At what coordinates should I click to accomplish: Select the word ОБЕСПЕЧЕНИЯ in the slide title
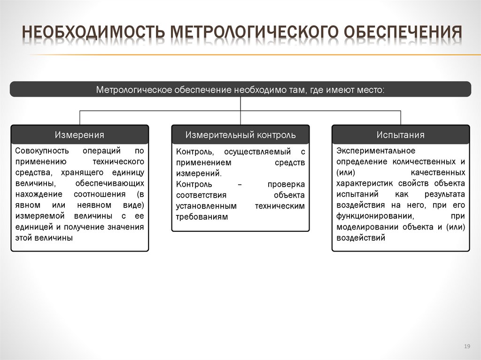tap(403, 33)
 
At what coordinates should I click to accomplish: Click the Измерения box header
tap(79, 135)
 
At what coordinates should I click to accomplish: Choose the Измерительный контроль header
tap(240, 135)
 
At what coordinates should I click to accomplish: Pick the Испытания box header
tap(400, 135)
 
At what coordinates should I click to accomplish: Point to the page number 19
tap(466, 346)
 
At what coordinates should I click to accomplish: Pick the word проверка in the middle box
tap(286, 184)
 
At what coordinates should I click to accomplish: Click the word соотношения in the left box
tap(99, 194)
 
